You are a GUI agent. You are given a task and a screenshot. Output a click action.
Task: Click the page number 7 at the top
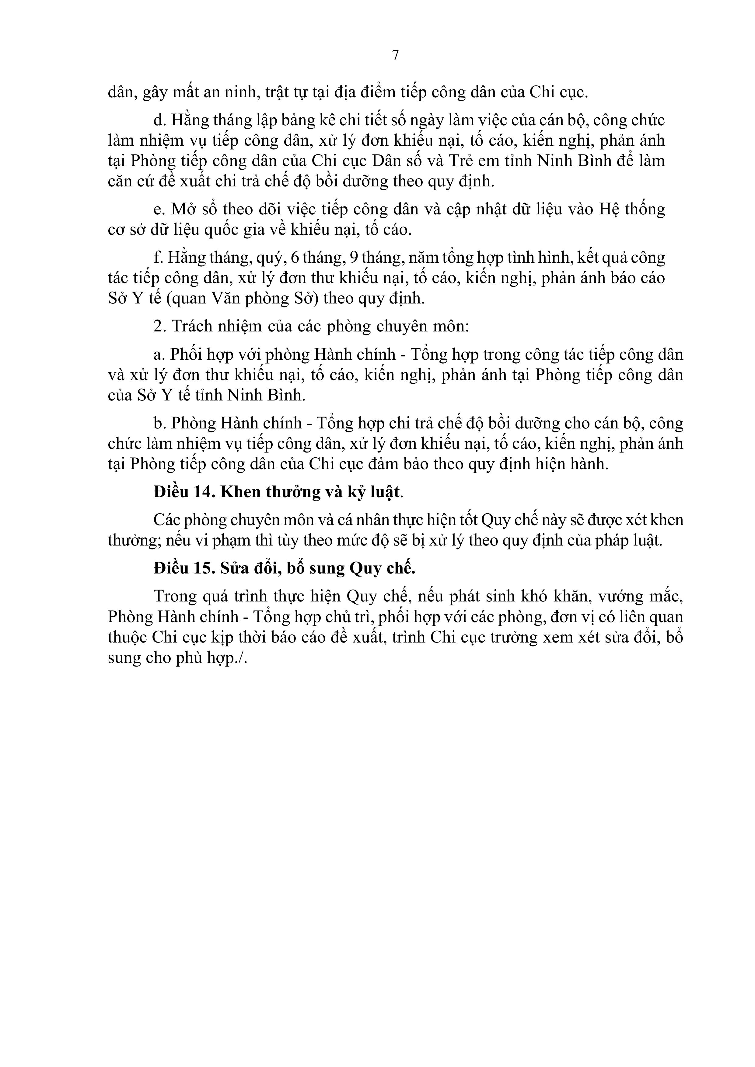coord(395,55)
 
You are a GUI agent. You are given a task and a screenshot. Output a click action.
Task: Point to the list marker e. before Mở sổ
coord(159,209)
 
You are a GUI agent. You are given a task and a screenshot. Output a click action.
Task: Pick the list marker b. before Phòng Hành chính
coord(159,423)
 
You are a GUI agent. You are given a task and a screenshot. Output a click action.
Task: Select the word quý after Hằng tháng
coord(270,258)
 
